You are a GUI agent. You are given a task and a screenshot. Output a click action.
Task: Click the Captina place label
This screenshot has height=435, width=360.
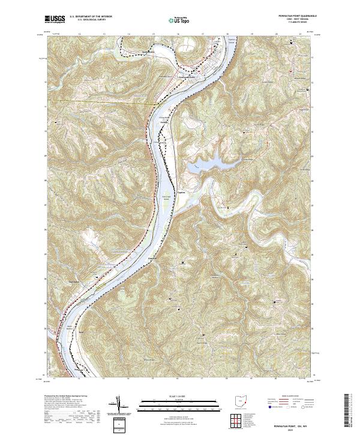click(x=182, y=192)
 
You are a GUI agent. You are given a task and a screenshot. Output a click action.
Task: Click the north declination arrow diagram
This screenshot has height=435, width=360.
click(x=119, y=403)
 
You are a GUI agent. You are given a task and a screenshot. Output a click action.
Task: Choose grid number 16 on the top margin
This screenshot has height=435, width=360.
click(x=178, y=35)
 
